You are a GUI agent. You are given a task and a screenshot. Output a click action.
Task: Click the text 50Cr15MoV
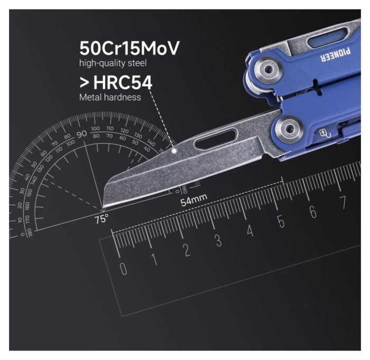pos(129,48)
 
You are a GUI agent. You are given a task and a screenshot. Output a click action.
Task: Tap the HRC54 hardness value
pos(122,82)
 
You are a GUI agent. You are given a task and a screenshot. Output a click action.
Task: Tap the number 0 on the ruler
pos(123,269)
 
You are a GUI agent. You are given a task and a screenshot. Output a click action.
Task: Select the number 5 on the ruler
pos(281,222)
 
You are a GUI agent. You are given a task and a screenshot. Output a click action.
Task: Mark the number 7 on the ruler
pos(343,203)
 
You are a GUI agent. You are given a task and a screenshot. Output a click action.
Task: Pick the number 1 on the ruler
pos(154,260)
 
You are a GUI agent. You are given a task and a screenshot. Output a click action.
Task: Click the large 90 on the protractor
pos(81,134)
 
